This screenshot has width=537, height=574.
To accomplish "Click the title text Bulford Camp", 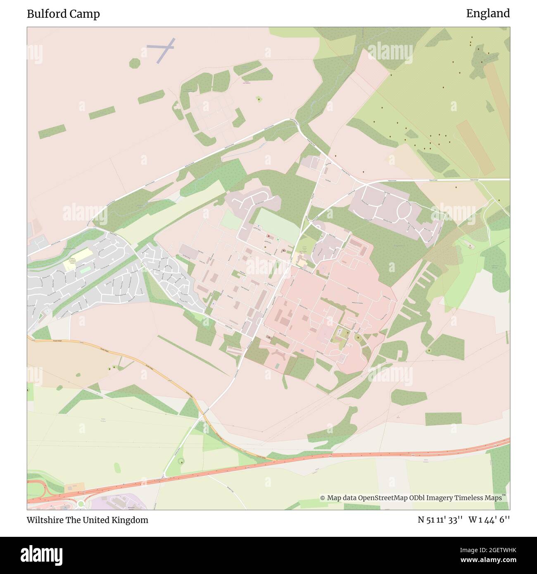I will pyautogui.click(x=63, y=14).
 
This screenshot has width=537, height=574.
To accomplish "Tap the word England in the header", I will pyautogui.click(x=488, y=14).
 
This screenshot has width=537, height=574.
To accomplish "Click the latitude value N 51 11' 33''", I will pyautogui.click(x=441, y=520).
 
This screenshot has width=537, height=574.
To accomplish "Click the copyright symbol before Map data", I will pyautogui.click(x=323, y=498).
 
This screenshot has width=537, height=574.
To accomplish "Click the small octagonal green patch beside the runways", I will pyautogui.click(x=135, y=63).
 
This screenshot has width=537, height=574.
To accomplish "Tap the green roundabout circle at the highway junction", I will pyautogui.click(x=80, y=503).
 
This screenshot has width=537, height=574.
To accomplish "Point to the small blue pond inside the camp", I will pyautogui.click(x=302, y=351).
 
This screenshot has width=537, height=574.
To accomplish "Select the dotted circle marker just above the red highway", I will pyautogui.click(x=181, y=461).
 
